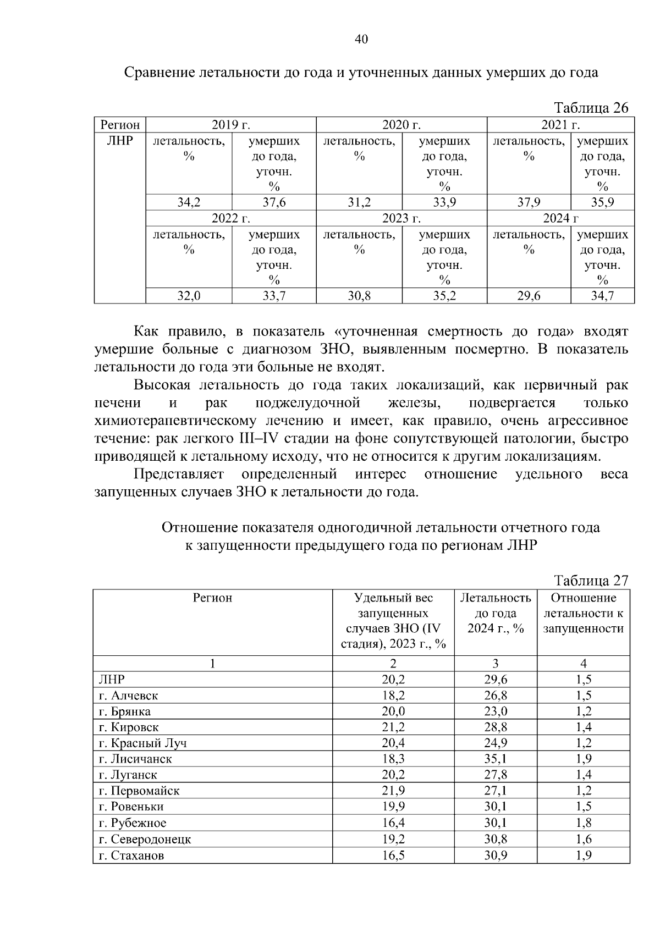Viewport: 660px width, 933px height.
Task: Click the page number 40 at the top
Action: click(361, 39)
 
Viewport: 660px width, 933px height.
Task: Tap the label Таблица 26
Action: click(590, 108)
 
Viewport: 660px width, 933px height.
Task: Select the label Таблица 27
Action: click(590, 581)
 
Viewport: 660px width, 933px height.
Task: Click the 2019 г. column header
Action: click(231, 125)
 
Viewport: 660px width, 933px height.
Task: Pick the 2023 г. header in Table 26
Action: click(402, 218)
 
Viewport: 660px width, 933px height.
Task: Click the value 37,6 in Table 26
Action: click(274, 202)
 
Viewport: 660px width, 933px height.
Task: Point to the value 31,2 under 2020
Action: click(359, 202)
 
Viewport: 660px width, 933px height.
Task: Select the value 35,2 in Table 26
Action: click(444, 296)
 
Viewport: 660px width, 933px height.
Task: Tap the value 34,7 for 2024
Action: click(602, 296)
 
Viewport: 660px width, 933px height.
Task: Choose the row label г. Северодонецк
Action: click(145, 840)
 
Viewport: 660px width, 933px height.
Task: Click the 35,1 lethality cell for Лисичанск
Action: click(496, 759)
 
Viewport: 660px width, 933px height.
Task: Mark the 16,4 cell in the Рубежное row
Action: click(393, 823)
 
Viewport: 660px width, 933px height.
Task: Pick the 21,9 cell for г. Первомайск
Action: click(393, 791)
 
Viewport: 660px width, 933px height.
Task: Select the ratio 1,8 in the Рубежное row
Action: click(584, 823)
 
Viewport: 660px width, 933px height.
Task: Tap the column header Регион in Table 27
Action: click(212, 598)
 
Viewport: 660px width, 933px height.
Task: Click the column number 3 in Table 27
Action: click(496, 664)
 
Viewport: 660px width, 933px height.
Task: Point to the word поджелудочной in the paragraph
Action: click(307, 403)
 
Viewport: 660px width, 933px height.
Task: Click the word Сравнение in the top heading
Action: click(157, 73)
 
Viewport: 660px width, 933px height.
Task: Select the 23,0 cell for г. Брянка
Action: click(496, 711)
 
